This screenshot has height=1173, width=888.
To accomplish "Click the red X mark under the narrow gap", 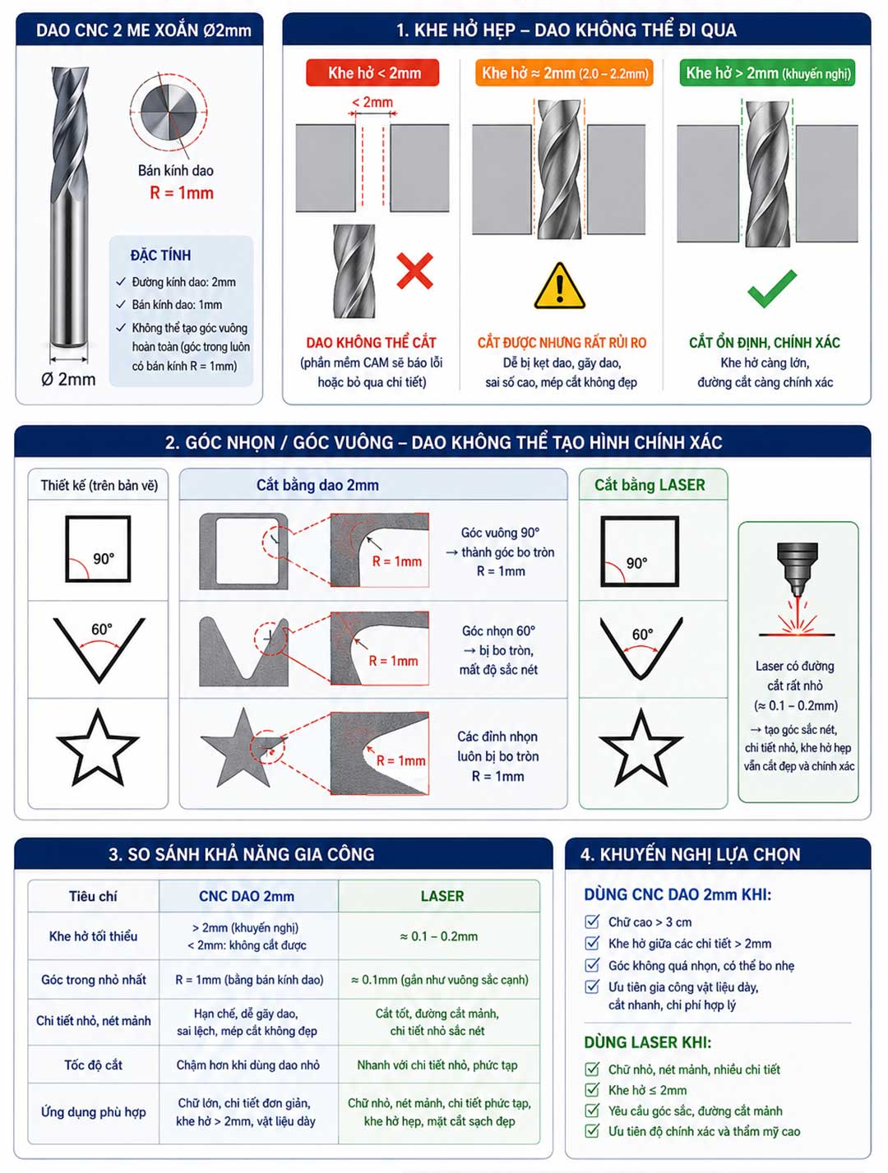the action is pos(414,271).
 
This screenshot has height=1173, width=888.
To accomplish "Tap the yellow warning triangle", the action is pos(559,287).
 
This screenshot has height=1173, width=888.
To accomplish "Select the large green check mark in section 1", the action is pos(771,289).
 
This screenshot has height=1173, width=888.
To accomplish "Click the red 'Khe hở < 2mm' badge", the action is pos(372,72).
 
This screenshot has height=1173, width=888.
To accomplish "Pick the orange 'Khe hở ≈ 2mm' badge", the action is pos(565,72).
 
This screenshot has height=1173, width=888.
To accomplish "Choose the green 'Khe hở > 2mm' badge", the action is pos(767,72).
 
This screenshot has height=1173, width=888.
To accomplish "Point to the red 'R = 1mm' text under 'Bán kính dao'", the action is pos(182,192).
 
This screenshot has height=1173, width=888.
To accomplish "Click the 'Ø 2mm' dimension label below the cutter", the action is pos(68,380).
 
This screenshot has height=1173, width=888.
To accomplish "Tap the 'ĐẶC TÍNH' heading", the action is pos(160,256).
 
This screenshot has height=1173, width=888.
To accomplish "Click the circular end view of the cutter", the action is pos(168,113).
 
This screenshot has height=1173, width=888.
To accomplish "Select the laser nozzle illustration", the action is pos(797,570).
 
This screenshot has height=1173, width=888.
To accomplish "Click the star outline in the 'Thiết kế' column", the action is pos(97,748).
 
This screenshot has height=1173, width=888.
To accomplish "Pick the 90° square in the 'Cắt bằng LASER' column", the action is pos(640,551).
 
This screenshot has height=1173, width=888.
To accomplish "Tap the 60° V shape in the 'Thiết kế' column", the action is pos(99,650).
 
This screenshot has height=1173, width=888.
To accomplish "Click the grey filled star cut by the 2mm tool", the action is pos(244,748).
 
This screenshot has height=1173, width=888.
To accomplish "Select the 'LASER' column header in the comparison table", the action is pos(442,896).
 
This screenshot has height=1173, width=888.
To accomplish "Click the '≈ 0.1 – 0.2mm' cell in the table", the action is pos(438,935).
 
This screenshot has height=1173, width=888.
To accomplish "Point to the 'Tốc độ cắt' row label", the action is pos(94,1064).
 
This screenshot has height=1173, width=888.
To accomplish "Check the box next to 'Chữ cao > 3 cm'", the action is pos(592,921).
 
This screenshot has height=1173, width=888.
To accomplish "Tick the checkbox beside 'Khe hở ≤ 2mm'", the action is pos(592,1090).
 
